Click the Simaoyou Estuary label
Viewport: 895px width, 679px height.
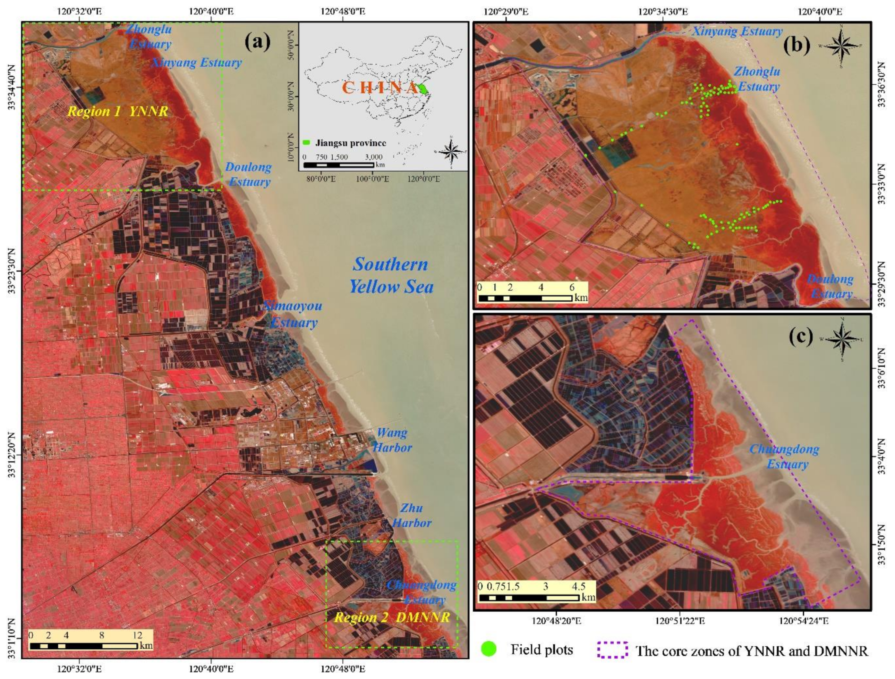pos(293,314)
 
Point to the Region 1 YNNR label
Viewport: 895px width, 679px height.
pos(117,111)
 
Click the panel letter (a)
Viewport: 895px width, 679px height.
pos(257,41)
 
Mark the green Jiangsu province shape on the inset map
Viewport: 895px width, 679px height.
pos(423,88)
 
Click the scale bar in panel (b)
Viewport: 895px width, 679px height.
pos(525,298)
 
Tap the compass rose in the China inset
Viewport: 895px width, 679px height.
pos(452,152)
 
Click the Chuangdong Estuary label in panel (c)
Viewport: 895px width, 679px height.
pos(784,456)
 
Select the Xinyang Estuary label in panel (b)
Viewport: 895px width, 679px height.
pos(737,31)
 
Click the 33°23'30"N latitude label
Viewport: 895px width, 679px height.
pos(15,275)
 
